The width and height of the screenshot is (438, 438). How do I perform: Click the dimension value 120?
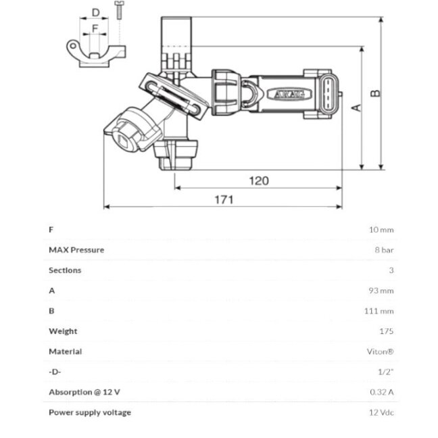click(259, 180)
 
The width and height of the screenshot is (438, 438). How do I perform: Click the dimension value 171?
click(224, 199)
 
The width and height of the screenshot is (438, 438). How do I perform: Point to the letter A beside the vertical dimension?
click(356, 108)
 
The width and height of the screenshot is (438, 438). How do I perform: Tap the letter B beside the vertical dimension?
click(375, 93)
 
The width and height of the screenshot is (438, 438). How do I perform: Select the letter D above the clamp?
click(96, 13)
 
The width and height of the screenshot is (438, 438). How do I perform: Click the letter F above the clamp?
click(95, 28)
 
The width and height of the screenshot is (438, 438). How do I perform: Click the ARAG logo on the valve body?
click(289, 95)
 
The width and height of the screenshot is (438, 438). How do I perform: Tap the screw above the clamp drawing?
click(119, 10)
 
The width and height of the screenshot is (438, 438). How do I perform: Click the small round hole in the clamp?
click(72, 46)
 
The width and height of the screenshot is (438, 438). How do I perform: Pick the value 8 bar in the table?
click(384, 249)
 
